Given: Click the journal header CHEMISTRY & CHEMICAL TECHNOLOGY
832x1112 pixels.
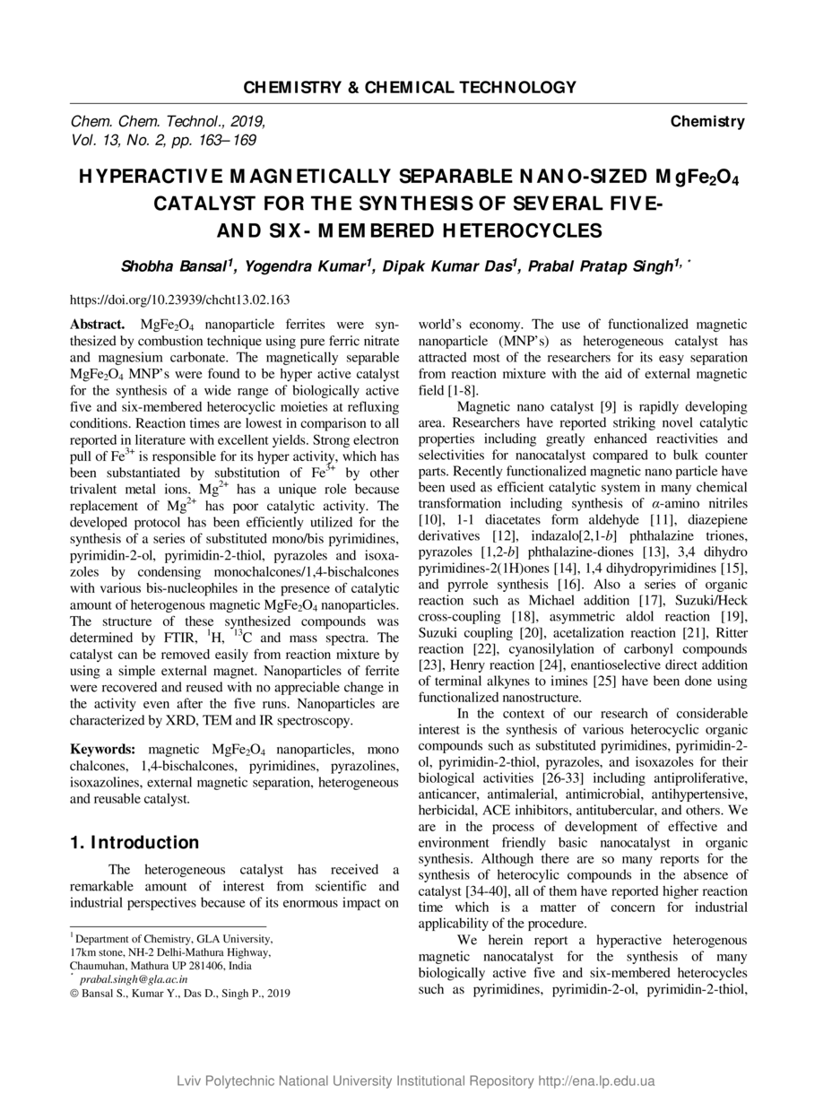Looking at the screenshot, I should click(x=410, y=88).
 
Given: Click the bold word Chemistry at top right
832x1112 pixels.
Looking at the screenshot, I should click(x=707, y=122).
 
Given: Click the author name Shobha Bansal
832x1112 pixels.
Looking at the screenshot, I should click(x=176, y=267).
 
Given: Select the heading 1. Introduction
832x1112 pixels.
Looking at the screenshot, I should click(x=134, y=842).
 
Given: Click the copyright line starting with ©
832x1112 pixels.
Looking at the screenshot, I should click(x=179, y=993).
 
